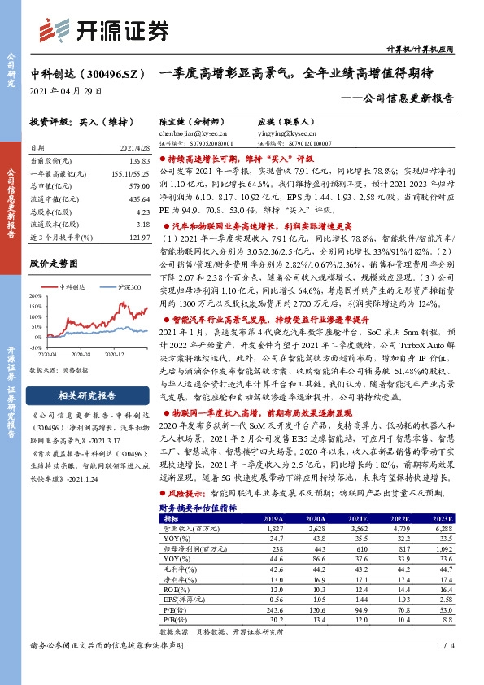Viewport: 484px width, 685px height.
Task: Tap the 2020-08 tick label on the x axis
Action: coord(80,355)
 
